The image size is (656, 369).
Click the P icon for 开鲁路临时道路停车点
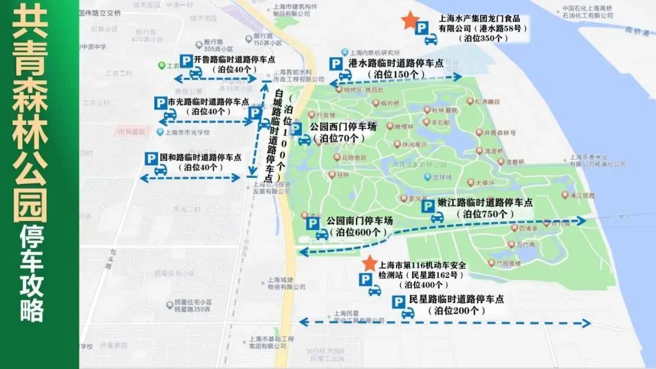click(x=187, y=61)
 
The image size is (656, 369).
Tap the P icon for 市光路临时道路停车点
click(x=160, y=103)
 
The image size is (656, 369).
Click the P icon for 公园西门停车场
click(x=296, y=129)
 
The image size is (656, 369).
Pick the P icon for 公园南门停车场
click(x=313, y=223)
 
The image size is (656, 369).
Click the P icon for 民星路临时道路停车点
click(x=398, y=302)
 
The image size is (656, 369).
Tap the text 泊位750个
click(x=488, y=214)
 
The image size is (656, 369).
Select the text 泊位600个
click(x=358, y=232)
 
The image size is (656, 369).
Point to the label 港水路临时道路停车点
click(x=395, y=63)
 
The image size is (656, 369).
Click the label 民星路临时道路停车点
click(x=457, y=299)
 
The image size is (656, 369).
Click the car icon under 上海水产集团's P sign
click(x=431, y=40)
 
